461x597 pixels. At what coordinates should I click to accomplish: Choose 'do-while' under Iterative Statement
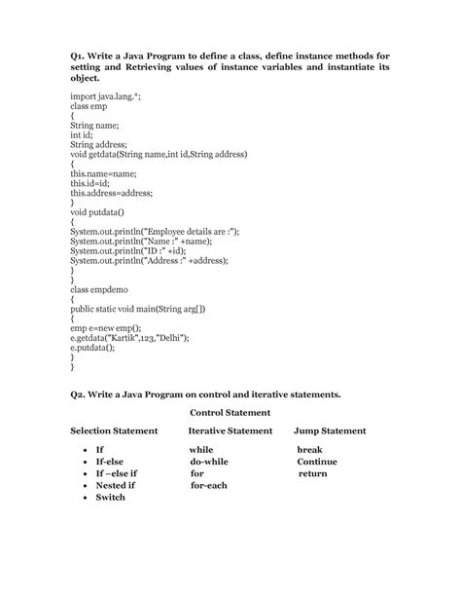point(209,461)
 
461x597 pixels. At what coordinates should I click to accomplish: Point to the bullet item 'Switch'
point(111,497)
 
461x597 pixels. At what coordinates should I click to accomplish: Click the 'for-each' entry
point(208,484)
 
